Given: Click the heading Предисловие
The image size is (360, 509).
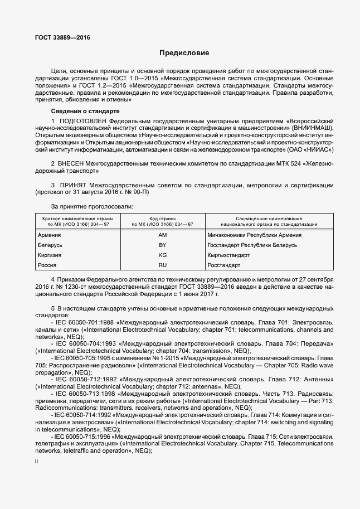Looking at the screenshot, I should (x=184, y=54).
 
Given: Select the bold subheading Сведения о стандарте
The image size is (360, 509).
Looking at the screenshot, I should (x=81, y=112).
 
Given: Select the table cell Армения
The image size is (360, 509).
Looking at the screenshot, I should (x=50, y=235).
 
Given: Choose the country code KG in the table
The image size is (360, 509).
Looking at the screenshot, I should (x=163, y=255).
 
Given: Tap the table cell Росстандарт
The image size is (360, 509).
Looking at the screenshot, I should (x=223, y=265).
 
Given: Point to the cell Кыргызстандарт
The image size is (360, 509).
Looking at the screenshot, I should (x=228, y=255).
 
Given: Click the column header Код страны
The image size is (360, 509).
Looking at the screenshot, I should (x=163, y=218).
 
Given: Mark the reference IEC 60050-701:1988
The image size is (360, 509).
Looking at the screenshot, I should (x=82, y=322).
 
